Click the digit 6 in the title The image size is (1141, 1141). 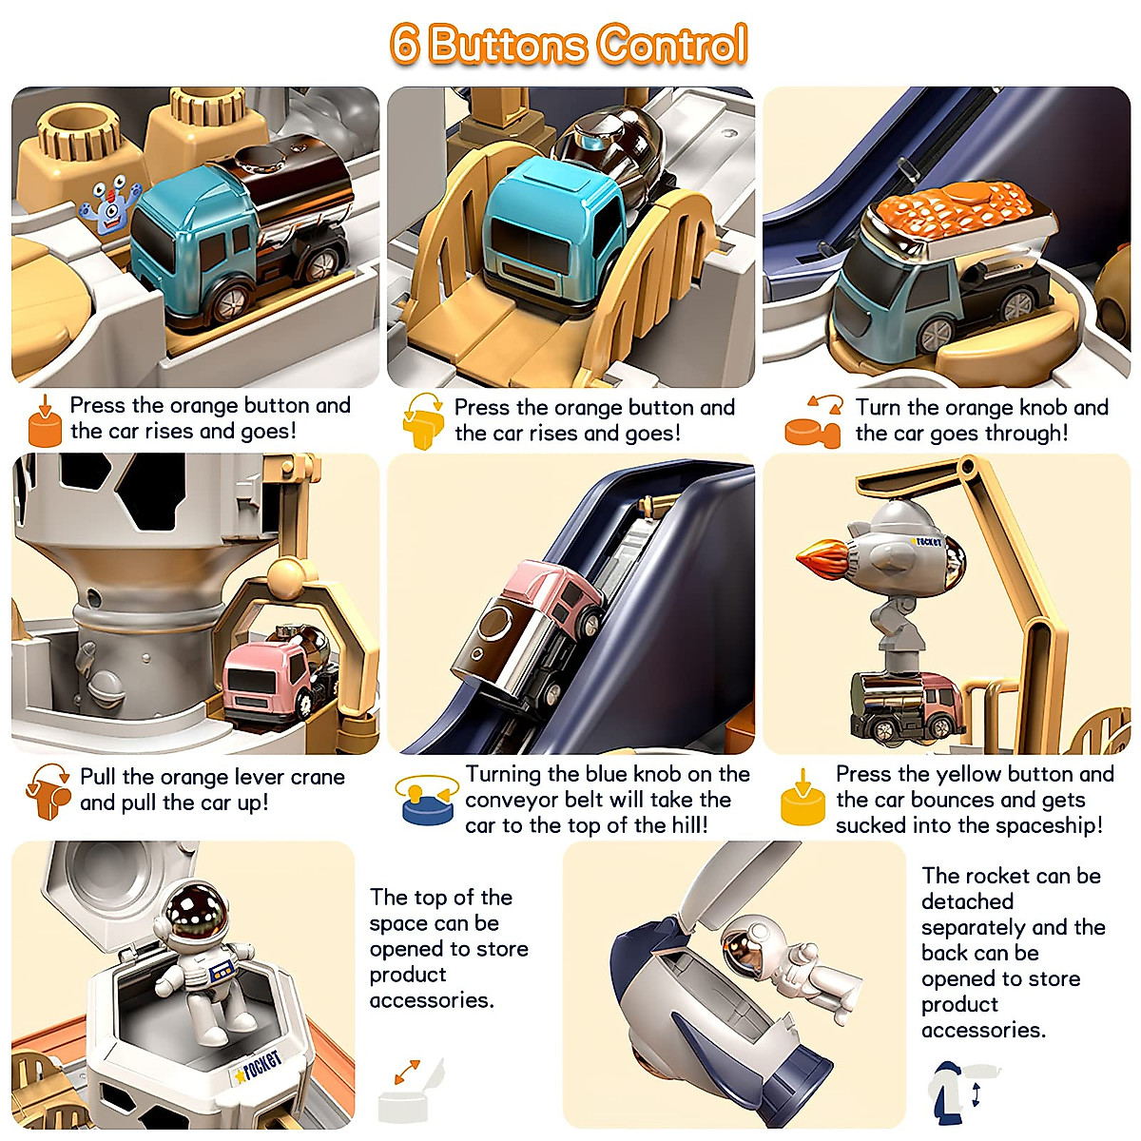click(x=405, y=44)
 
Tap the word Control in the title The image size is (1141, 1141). click(x=672, y=44)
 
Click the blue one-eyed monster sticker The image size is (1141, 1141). click(x=110, y=204)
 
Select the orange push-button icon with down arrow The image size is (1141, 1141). click(x=45, y=420)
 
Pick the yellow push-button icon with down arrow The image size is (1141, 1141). click(x=803, y=797)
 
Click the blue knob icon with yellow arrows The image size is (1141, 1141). click(x=427, y=800)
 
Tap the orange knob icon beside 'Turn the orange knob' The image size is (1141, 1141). click(x=812, y=422)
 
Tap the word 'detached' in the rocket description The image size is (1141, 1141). click(x=968, y=901)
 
